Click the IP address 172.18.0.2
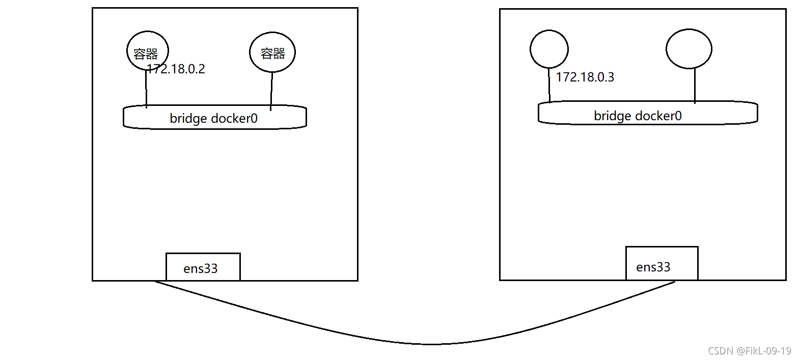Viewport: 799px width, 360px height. (176, 69)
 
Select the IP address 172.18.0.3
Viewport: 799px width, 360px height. (585, 77)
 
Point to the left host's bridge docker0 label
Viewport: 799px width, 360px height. (213, 119)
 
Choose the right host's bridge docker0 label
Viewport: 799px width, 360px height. (638, 116)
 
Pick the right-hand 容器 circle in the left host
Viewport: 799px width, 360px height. (272, 52)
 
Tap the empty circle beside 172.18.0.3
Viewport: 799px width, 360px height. (549, 49)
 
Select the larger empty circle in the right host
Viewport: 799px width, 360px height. (688, 49)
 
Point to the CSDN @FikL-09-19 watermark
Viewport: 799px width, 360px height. (749, 351)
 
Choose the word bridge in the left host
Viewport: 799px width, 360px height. (188, 119)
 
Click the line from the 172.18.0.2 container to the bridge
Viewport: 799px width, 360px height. (146, 92)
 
